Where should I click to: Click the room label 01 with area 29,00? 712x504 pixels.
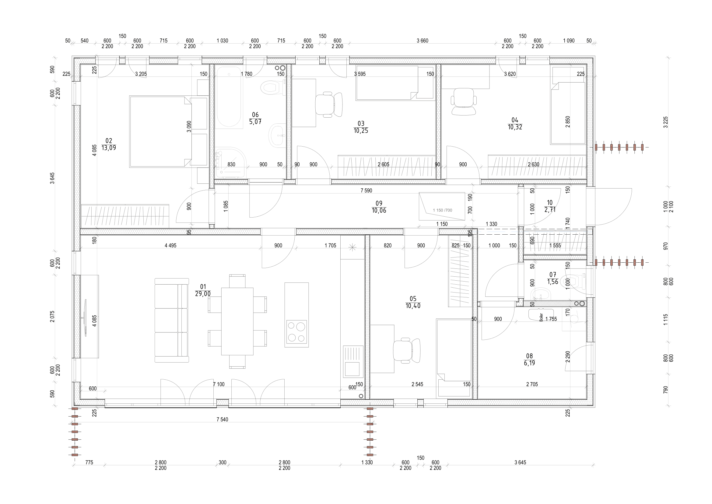point(203,290)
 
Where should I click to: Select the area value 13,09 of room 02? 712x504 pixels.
point(109,148)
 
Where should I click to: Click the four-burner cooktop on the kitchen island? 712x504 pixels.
point(296,332)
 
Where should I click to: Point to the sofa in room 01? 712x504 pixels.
point(171,320)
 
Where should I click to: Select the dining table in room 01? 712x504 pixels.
point(237,321)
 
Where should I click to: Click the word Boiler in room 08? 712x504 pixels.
point(541,317)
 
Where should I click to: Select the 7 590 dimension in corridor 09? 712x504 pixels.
point(366,190)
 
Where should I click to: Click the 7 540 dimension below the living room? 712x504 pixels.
point(222,420)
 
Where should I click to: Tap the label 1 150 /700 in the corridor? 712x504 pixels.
point(443,211)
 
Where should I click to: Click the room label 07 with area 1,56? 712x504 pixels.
point(552,278)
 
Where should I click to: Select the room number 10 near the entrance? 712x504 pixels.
point(549,203)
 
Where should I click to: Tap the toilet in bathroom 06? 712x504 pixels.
point(272,87)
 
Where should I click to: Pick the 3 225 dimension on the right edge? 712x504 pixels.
point(665,122)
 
